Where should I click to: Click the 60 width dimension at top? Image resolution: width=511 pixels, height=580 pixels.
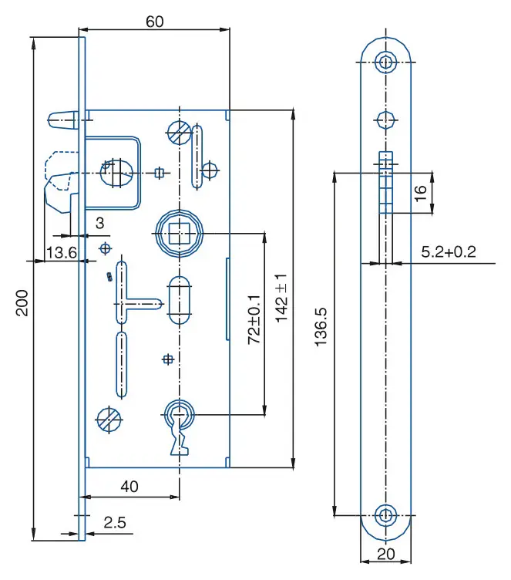point(154,22)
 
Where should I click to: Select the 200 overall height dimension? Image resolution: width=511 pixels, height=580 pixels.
point(22,302)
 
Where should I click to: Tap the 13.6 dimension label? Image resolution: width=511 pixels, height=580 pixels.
point(61,251)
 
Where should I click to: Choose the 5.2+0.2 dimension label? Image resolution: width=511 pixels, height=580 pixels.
point(449,251)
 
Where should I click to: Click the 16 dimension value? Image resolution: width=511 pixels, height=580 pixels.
point(420,193)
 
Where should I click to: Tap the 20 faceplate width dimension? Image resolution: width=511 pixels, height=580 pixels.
point(385,553)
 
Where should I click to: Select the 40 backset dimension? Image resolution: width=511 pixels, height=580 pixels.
point(130,487)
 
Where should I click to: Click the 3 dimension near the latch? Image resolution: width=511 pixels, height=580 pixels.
point(99,223)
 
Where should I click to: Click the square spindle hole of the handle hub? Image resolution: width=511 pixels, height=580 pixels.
point(179,231)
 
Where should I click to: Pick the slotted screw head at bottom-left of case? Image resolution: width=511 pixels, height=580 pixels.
point(108,420)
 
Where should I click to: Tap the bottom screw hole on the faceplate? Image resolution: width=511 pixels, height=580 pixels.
point(385,514)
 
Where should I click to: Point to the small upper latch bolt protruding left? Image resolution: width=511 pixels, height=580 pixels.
point(62,117)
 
